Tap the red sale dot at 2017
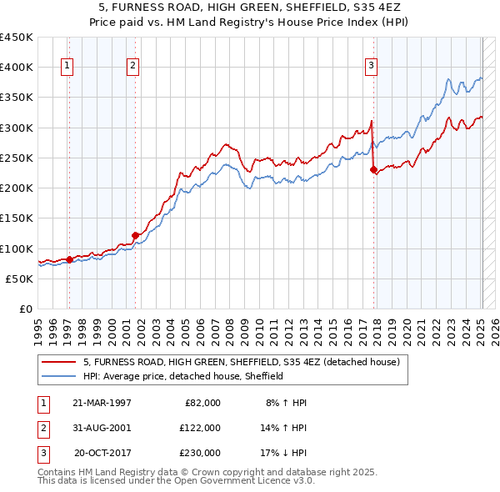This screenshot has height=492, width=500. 373,169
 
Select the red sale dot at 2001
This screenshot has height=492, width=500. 135,235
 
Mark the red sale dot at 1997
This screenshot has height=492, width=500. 69,259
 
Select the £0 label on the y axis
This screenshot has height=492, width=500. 27,309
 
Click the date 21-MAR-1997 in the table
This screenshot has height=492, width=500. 102,403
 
